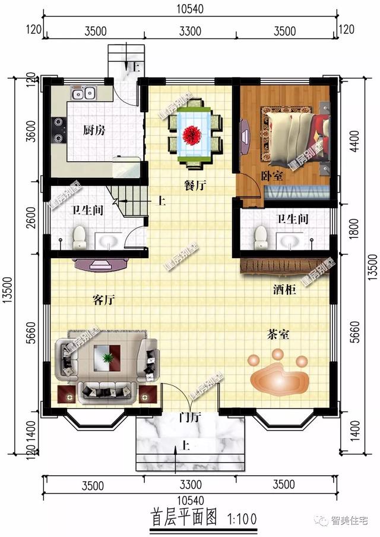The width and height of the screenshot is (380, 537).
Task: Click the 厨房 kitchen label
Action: (94, 130)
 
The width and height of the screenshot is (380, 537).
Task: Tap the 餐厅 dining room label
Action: (195, 186)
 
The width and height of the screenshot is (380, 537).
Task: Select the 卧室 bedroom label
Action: (271, 177)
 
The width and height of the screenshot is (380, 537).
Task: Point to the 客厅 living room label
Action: (103, 300)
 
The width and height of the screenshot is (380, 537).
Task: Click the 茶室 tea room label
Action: (277, 335)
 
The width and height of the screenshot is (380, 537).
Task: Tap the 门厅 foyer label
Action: (189, 416)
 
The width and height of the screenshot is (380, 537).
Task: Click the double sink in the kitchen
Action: (84, 93)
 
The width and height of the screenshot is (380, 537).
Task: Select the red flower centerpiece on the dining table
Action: (193, 134)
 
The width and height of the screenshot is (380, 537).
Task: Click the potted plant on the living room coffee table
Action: (107, 358)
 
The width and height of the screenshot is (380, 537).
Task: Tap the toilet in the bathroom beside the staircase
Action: (79, 237)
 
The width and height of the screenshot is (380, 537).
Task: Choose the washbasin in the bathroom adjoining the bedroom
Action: (289, 241)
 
